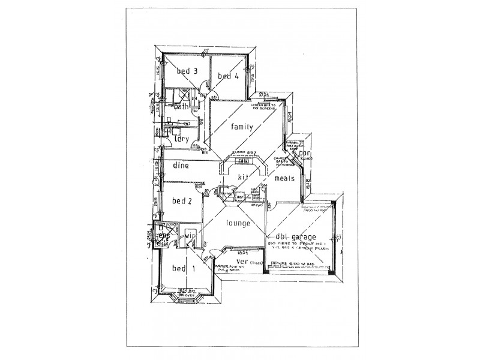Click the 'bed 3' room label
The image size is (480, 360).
[187, 71]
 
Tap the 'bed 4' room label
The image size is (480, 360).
[228, 76]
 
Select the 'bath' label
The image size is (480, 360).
[182, 107]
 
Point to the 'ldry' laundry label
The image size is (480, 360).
[181, 139]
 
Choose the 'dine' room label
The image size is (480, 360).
[181, 164]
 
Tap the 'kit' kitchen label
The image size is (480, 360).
[243, 177]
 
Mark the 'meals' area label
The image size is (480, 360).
[284, 178]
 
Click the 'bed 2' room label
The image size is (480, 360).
[182, 201]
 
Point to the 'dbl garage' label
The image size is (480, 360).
[297, 236]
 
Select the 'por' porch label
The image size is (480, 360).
[305, 154]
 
